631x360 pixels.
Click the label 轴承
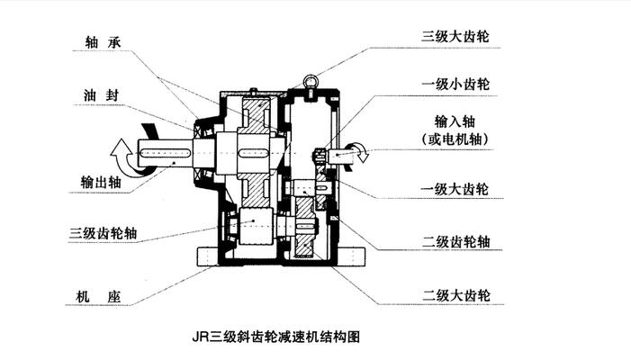pos(98,41)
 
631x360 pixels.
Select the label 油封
pos(98,94)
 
